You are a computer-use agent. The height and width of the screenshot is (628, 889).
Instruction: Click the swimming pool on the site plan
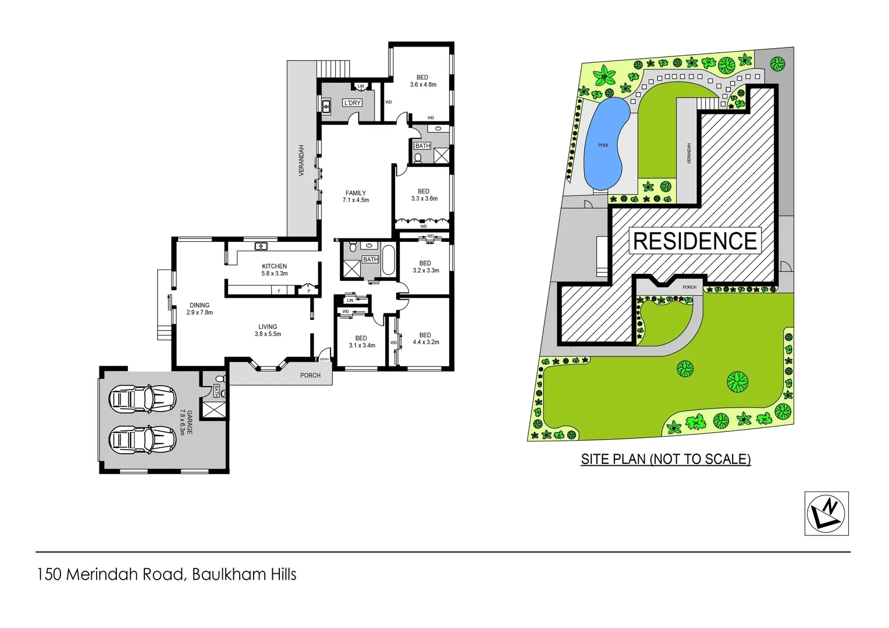pyautogui.click(x=606, y=143)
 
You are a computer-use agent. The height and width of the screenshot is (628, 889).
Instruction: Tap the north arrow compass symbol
pyautogui.click(x=826, y=513)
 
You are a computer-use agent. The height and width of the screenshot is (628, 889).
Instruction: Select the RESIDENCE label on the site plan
pyautogui.click(x=695, y=241)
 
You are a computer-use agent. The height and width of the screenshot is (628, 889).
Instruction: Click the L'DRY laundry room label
pyautogui.click(x=353, y=103)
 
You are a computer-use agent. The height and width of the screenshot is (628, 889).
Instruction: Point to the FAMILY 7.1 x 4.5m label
pyautogui.click(x=355, y=197)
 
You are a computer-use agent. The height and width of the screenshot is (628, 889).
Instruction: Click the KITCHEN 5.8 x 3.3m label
pyautogui.click(x=275, y=270)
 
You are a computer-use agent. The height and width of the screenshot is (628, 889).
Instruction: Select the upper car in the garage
pyautogui.click(x=143, y=399)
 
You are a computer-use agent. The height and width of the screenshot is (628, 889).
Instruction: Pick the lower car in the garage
pyautogui.click(x=143, y=440)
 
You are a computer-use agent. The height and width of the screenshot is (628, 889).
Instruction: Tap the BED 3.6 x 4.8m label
pyautogui.click(x=423, y=81)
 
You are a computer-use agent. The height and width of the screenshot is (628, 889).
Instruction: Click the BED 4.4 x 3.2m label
pyautogui.click(x=425, y=338)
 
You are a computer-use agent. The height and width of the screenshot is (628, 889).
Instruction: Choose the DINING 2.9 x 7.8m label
pyautogui.click(x=200, y=309)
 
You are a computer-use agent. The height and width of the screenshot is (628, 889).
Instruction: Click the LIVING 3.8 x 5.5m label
pyautogui.click(x=268, y=330)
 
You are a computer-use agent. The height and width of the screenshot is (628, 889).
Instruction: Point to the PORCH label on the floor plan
pyautogui.click(x=310, y=376)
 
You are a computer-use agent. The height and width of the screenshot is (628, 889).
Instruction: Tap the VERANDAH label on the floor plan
pyautogui.click(x=301, y=160)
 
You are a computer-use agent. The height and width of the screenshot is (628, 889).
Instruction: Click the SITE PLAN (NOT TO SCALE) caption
pyautogui.click(x=666, y=459)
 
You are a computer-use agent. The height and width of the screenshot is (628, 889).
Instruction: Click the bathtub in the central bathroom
pyautogui.click(x=388, y=261)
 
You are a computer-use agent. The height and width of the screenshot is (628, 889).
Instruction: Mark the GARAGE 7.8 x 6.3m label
pyautogui.click(x=186, y=422)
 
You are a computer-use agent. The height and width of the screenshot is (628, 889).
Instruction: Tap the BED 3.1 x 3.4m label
pyautogui.click(x=361, y=341)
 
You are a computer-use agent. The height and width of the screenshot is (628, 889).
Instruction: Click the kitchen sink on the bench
pyautogui.click(x=261, y=247)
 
